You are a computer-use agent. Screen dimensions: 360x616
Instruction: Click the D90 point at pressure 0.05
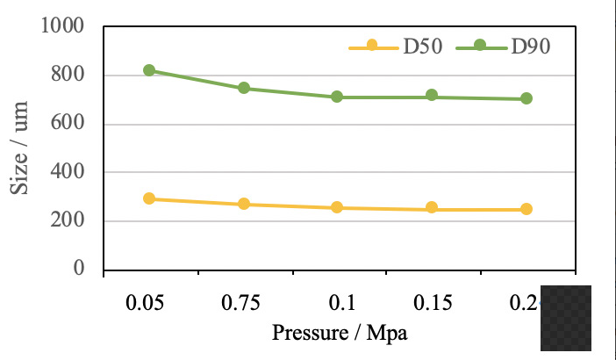coord(149,70)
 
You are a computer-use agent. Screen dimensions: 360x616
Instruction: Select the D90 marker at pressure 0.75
coord(244,88)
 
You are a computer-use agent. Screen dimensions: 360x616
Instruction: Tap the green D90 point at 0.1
coord(337,97)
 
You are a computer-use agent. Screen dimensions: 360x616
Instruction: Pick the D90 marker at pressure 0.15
coord(432,95)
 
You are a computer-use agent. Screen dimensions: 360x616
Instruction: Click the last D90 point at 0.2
coord(526,98)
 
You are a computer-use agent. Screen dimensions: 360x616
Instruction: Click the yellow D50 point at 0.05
coord(149,198)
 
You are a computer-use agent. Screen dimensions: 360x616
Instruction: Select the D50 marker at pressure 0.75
coord(244,204)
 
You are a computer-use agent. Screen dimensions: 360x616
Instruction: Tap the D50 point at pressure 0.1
coord(337,208)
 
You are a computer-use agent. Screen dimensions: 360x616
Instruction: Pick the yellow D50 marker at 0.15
coord(432,208)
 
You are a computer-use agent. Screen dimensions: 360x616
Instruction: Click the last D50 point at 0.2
coord(526,209)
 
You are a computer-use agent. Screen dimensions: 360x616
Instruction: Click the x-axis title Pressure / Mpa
coord(340,334)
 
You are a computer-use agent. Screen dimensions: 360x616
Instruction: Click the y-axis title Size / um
coord(19,149)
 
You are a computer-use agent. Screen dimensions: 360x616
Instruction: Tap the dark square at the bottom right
coord(566,317)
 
